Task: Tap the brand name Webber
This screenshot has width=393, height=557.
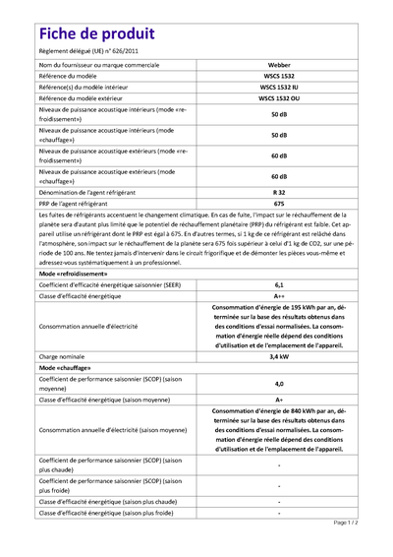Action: pyautogui.click(x=279, y=64)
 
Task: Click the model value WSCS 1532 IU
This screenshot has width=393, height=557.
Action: pyautogui.click(x=279, y=88)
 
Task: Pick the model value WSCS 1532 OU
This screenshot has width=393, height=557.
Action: pyautogui.click(x=279, y=98)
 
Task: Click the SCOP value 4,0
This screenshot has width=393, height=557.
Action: pyautogui.click(x=279, y=383)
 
